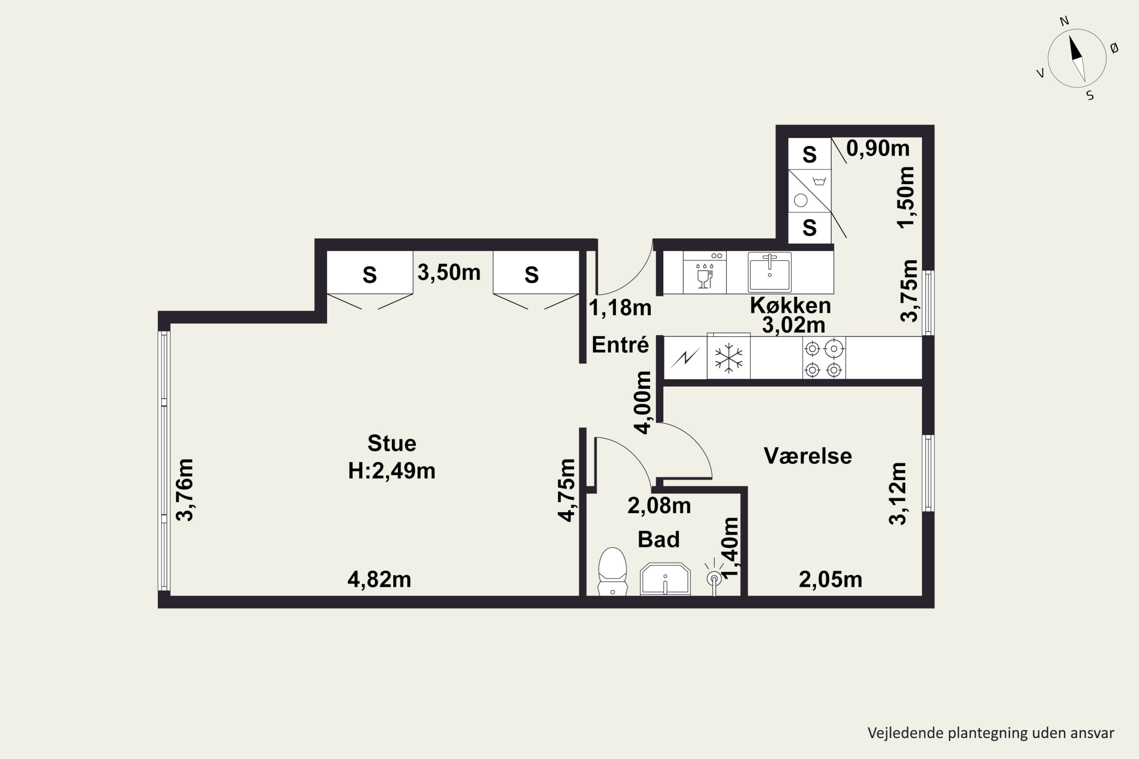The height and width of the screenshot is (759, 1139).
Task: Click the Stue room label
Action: (x=392, y=443)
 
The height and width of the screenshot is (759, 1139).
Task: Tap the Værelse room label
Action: (x=808, y=456)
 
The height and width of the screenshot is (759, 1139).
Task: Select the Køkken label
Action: (x=790, y=305)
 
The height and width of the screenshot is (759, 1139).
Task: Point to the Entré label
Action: (x=620, y=345)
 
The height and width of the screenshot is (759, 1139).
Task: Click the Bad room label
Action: (x=659, y=539)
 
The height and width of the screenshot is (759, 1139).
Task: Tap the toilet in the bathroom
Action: (x=613, y=571)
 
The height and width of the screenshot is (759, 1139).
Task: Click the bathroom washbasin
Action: (x=665, y=579)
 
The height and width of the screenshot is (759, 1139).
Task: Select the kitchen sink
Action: (x=770, y=272)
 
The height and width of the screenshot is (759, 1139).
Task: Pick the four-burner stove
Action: (x=824, y=358)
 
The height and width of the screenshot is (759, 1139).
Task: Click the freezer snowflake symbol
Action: (x=728, y=358)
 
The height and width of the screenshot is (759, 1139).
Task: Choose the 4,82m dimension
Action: (x=379, y=579)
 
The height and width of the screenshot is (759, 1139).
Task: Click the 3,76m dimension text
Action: (x=185, y=490)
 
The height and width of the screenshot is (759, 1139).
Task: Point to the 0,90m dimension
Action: (x=878, y=148)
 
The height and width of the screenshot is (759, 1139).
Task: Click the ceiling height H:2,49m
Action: (x=392, y=471)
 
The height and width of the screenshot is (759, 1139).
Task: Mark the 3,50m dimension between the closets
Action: (x=449, y=272)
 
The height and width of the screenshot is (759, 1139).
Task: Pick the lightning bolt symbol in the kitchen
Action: (x=685, y=358)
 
